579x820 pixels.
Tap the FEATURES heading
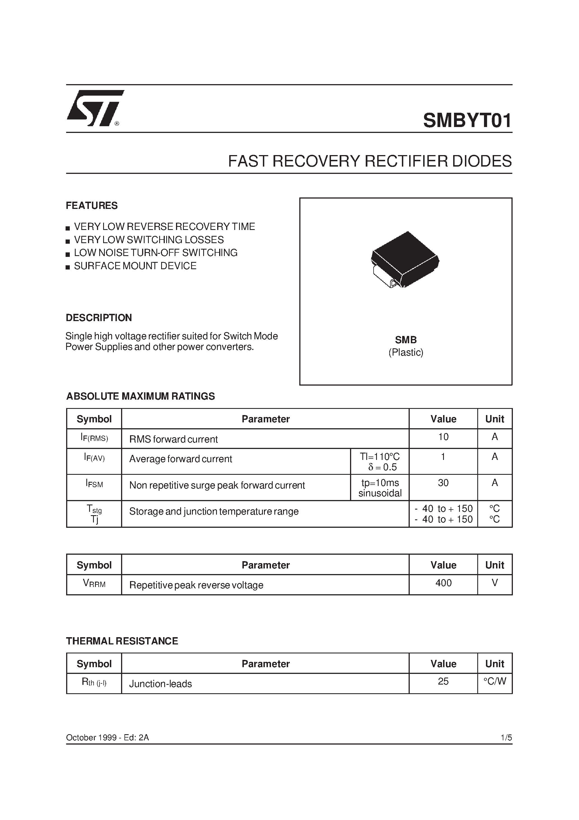[92, 206]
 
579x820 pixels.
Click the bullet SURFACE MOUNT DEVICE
[135, 266]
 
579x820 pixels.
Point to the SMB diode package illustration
[405, 259]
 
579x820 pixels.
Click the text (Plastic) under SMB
[406, 353]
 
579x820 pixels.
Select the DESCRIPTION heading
[99, 318]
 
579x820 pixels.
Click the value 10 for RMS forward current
[443, 437]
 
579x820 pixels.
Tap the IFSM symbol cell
[94, 484]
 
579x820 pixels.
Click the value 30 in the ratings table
[443, 483]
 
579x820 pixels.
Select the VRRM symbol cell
[94, 584]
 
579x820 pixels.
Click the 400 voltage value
[443, 583]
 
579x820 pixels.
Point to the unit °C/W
[495, 681]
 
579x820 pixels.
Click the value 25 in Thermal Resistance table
[443, 681]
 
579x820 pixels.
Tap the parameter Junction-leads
[160, 684]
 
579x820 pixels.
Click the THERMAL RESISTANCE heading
[122, 641]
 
